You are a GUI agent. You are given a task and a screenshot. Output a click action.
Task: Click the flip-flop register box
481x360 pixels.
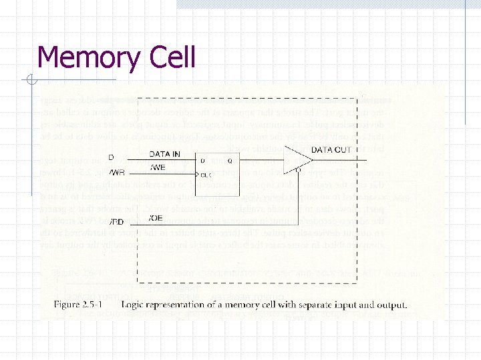[x=214, y=169]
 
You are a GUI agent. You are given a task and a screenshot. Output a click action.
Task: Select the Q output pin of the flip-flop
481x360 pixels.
[x=229, y=161]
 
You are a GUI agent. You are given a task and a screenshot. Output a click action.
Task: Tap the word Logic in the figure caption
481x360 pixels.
[x=135, y=305]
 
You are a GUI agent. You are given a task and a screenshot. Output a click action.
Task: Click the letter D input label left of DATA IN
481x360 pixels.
[x=111, y=157]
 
